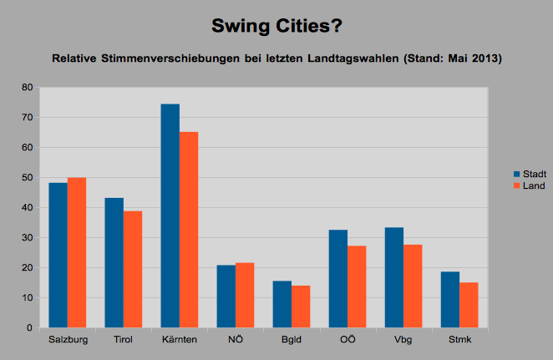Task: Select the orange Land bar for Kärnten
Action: click(188, 230)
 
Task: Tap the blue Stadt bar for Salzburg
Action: click(58, 255)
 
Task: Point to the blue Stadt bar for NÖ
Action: click(226, 297)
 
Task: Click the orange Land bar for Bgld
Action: click(301, 307)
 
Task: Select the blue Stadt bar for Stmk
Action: click(450, 299)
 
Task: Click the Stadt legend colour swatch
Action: click(516, 173)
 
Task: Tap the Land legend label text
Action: click(534, 185)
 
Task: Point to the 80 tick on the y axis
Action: click(27, 88)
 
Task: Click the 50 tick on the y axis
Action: click(27, 178)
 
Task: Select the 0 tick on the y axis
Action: click(29, 328)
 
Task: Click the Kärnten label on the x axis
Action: click(179, 341)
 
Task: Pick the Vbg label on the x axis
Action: click(403, 341)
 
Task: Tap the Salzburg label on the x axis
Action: click(67, 341)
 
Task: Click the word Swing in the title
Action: click(242, 26)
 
